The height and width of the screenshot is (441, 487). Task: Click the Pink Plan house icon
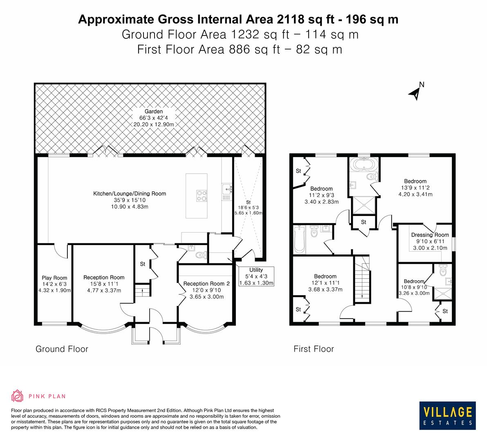(x=18, y=396)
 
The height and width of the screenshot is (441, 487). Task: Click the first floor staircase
(x=361, y=278)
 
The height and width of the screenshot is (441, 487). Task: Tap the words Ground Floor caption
(x=62, y=349)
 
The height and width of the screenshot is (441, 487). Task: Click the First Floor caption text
(x=314, y=349)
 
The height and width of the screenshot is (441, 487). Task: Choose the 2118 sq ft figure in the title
(x=296, y=19)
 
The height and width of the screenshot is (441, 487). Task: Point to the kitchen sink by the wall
(x=227, y=189)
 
